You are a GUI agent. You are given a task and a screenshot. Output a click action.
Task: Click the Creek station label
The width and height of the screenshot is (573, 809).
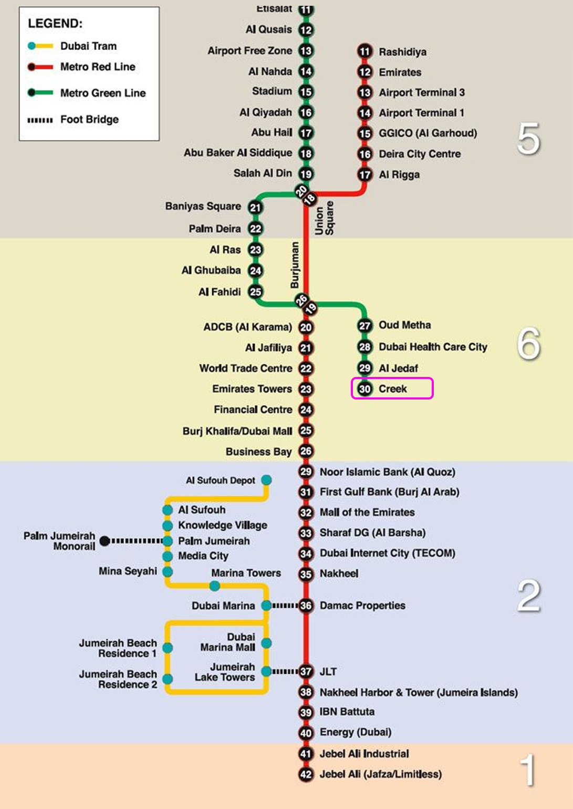[x=392, y=388]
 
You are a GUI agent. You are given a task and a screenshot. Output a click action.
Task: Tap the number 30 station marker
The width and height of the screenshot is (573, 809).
[x=365, y=389]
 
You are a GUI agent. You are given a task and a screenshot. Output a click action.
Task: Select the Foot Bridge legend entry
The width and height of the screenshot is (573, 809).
[x=73, y=119]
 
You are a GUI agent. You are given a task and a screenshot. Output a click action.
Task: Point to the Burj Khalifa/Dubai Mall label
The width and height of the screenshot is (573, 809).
[x=237, y=431]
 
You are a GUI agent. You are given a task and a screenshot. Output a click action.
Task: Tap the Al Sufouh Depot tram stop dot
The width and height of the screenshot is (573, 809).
[x=266, y=480]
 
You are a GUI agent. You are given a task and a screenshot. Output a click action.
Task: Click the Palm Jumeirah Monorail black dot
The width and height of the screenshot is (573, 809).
[x=105, y=541]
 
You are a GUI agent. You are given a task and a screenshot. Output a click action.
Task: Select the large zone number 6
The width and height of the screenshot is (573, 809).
[x=528, y=343]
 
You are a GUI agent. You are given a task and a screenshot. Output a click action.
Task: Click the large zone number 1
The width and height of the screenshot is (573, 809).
[x=528, y=769]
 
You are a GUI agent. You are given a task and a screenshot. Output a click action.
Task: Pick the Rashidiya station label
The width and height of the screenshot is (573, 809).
[x=402, y=52]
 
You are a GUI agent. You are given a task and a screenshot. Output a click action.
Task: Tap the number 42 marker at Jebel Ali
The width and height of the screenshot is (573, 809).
[x=306, y=774]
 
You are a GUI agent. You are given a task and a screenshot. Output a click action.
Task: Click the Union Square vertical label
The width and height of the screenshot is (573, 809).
[x=324, y=218]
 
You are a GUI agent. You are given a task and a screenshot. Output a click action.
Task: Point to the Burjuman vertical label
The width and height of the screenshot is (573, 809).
[x=295, y=265]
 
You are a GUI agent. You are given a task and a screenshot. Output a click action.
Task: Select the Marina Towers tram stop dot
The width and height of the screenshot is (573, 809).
[x=215, y=586]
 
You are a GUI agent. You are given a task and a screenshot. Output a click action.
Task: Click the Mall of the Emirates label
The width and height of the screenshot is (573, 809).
[x=367, y=512]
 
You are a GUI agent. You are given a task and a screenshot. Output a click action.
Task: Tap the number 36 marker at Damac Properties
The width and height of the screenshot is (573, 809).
[x=306, y=606]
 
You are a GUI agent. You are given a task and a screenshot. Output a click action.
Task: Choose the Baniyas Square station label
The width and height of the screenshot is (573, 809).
[x=203, y=206]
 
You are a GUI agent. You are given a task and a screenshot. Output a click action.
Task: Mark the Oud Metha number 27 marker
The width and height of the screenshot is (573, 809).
[x=365, y=325]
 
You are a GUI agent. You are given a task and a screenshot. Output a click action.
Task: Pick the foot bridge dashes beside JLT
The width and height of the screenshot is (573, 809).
[x=285, y=671]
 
